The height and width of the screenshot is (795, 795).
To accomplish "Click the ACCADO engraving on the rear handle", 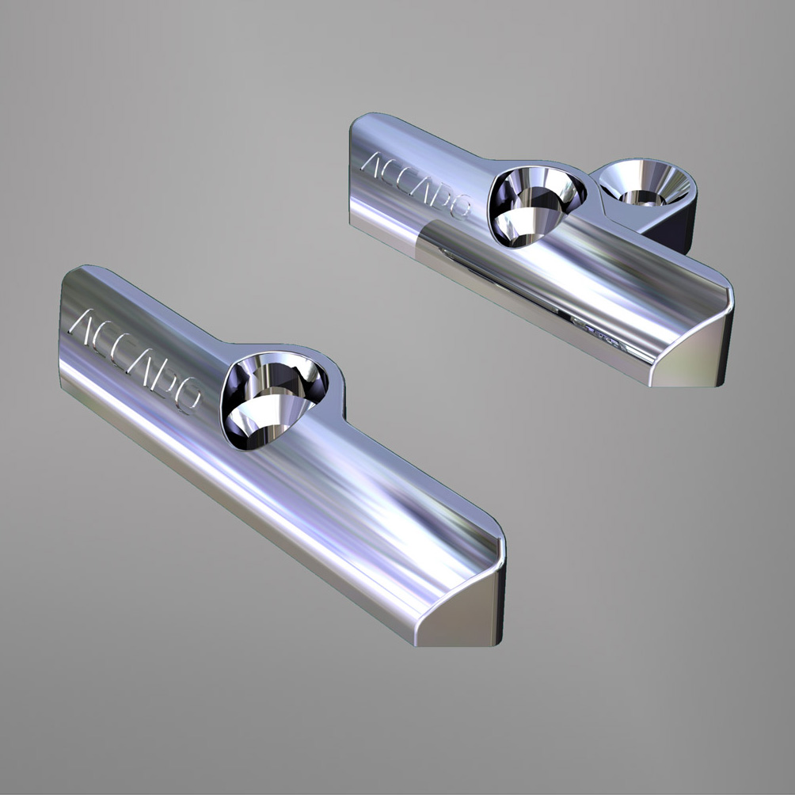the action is [415, 185].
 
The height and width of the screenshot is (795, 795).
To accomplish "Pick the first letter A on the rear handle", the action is [371, 163].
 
